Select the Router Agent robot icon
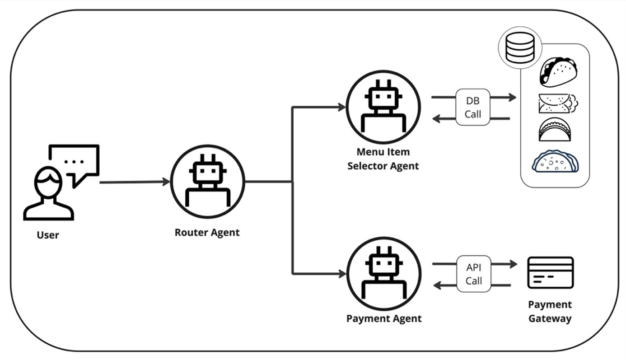(x=207, y=181)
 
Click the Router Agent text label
(x=207, y=233)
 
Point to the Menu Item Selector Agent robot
(x=383, y=107)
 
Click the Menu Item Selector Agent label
(x=383, y=159)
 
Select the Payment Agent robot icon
(x=383, y=274)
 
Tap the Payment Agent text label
(x=384, y=318)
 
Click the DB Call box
(x=473, y=108)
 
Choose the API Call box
(x=474, y=274)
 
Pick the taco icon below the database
(x=559, y=71)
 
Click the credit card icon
(x=550, y=272)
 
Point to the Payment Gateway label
(x=550, y=311)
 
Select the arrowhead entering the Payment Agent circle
(x=342, y=274)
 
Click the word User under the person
(x=48, y=235)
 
